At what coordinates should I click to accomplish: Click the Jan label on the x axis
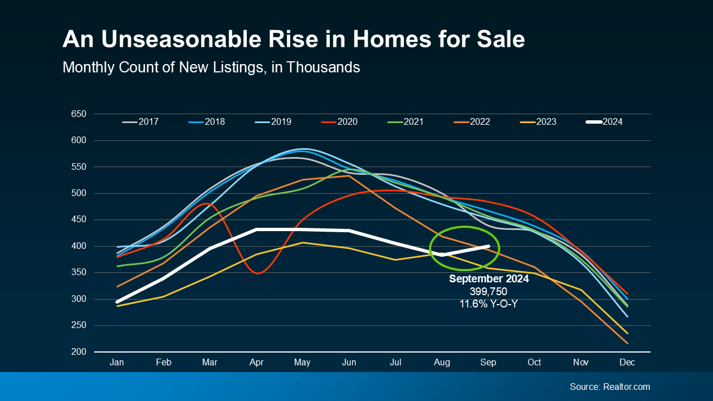pyautogui.click(x=117, y=363)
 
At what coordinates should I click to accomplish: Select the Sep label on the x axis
pyautogui.click(x=488, y=363)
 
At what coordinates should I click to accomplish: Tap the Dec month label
pyautogui.click(x=627, y=363)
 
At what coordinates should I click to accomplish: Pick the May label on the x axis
pyautogui.click(x=302, y=363)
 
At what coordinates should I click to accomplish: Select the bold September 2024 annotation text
pyautogui.click(x=489, y=279)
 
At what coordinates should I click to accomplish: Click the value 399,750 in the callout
pyautogui.click(x=489, y=291)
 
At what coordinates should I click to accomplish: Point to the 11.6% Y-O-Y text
pyautogui.click(x=489, y=304)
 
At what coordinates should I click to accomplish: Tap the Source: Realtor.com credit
pyautogui.click(x=609, y=387)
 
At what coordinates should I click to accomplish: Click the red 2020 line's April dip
pyautogui.click(x=256, y=273)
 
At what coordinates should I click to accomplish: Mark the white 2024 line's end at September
pyautogui.click(x=489, y=246)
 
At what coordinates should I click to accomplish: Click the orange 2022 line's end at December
pyautogui.click(x=627, y=343)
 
